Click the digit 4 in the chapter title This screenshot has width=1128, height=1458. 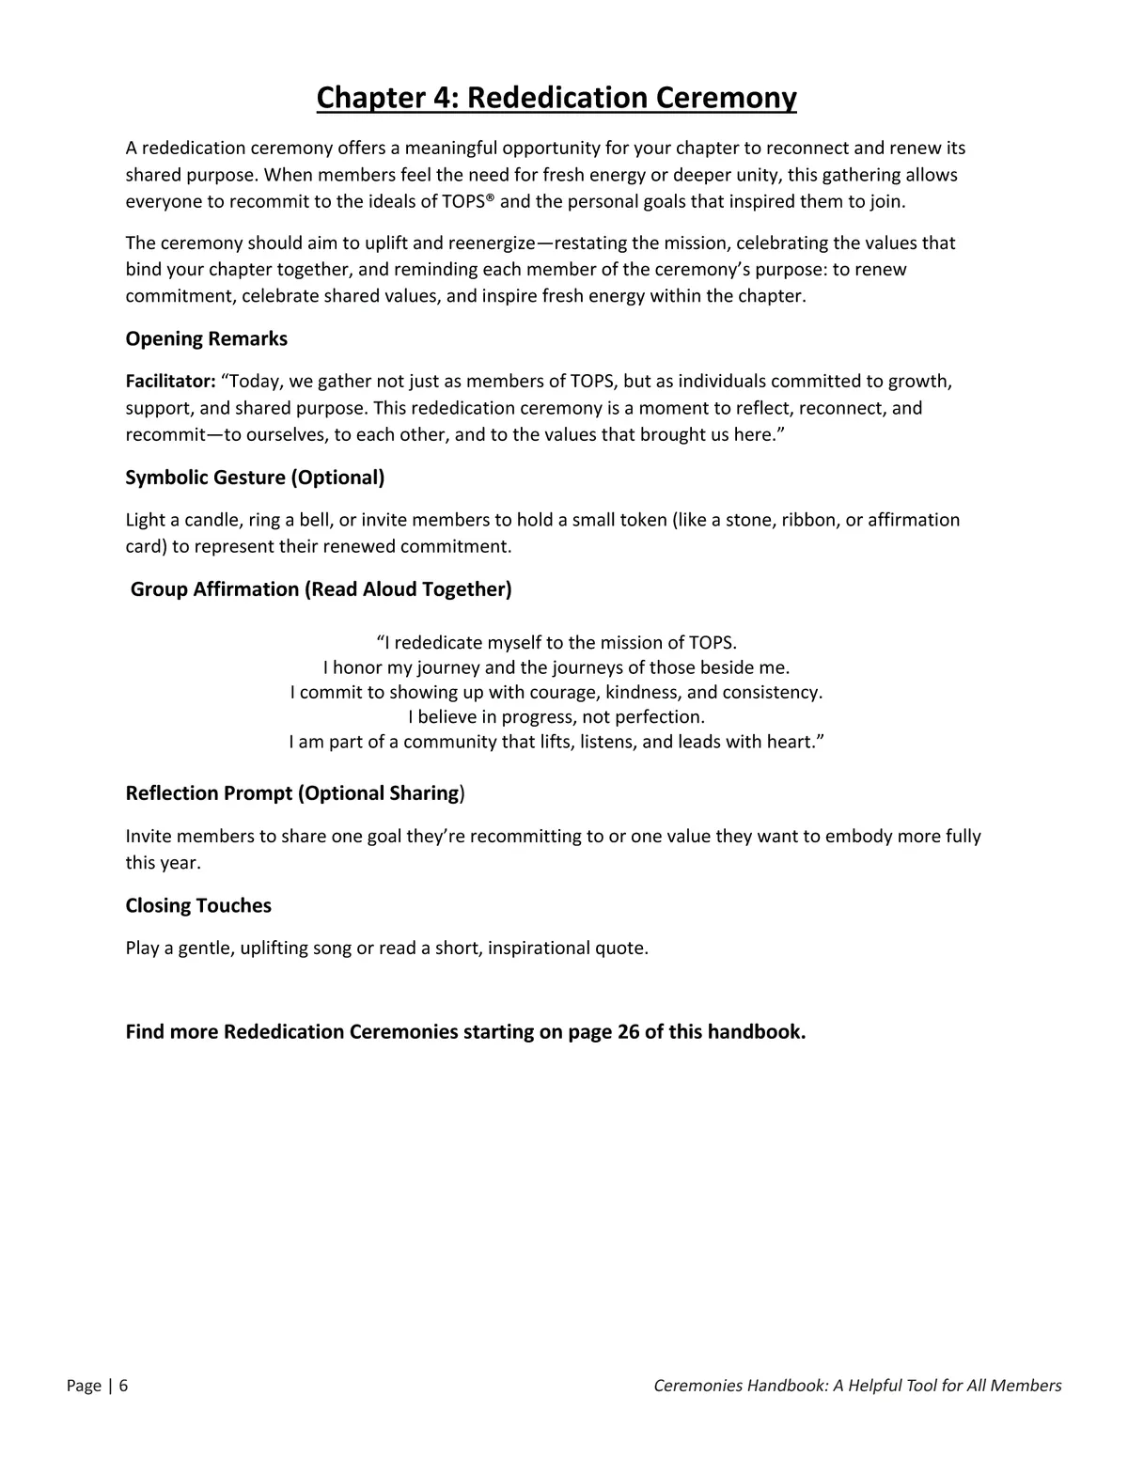point(444,98)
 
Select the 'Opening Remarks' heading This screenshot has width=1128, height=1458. point(207,338)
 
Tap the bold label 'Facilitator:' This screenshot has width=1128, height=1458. point(171,382)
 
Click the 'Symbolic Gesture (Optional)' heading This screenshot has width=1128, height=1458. point(255,478)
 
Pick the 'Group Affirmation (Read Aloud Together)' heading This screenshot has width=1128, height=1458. point(321,589)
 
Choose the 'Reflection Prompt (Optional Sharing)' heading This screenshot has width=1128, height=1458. point(295,793)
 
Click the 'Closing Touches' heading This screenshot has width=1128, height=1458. point(198,905)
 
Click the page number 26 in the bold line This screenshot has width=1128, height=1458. point(628,1032)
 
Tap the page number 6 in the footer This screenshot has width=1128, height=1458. point(123,1386)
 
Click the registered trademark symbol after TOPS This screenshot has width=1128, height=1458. point(490,198)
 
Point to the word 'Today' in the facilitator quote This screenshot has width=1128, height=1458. point(254,382)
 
